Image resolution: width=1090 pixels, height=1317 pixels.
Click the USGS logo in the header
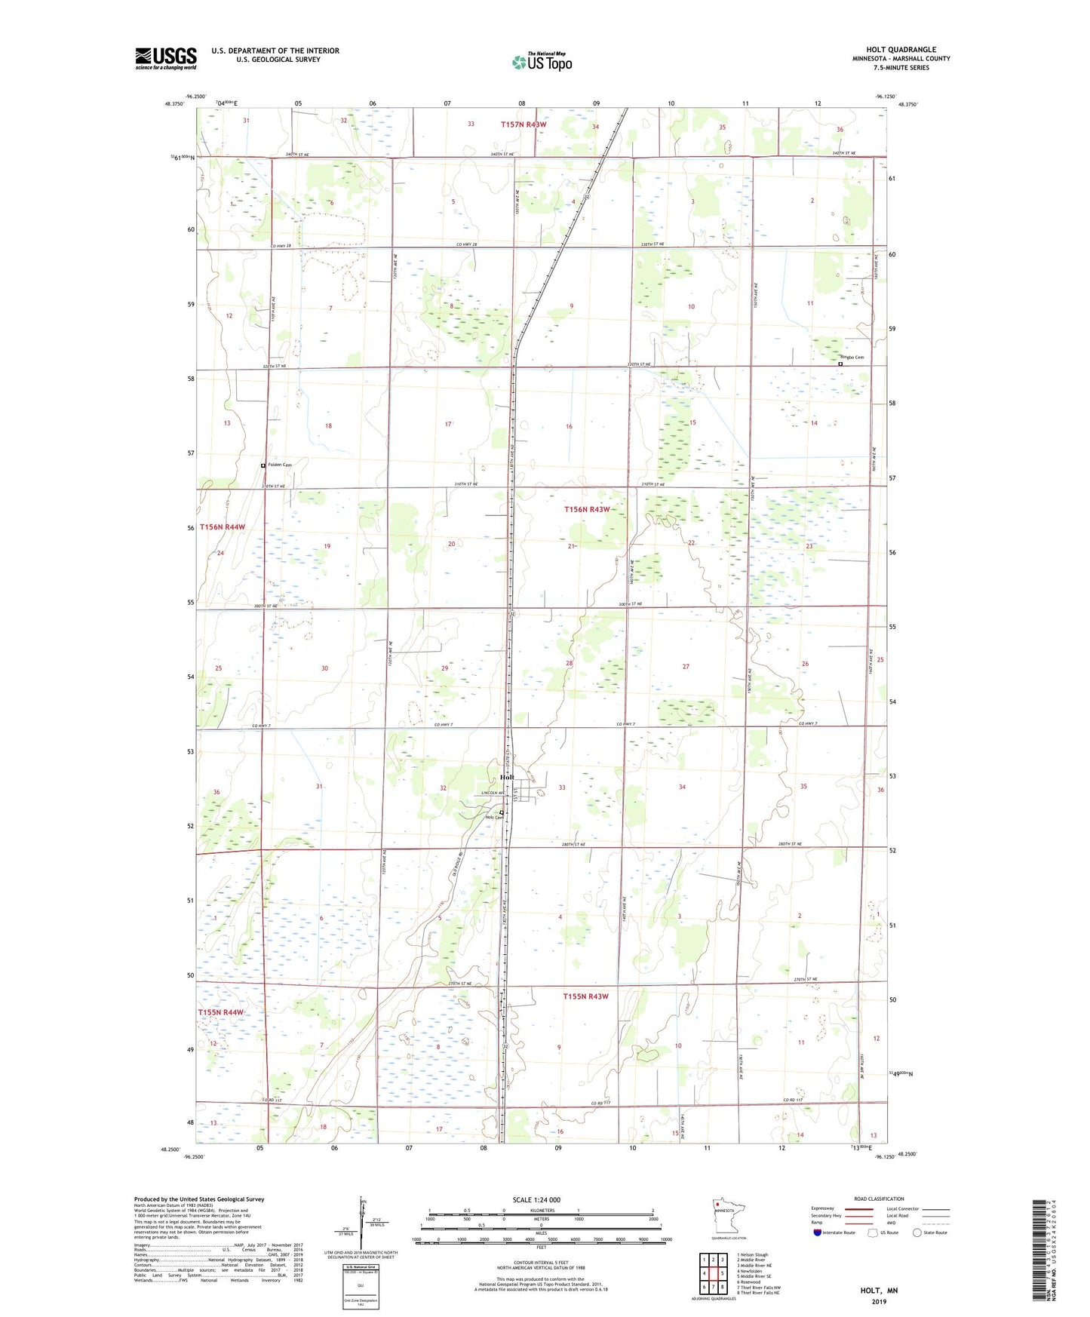[x=166, y=58]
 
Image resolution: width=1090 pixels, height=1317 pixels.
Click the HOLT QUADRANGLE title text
[x=901, y=50]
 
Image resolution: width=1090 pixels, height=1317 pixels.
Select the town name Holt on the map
[x=507, y=777]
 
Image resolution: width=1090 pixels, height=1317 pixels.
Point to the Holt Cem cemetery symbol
[x=502, y=812]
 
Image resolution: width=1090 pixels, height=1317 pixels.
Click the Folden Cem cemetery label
[x=278, y=465]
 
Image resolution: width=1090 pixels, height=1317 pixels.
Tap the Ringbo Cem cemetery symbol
[x=840, y=364]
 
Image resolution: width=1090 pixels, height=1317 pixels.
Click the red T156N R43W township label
[x=587, y=510]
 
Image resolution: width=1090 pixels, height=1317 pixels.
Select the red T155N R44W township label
[x=221, y=1012]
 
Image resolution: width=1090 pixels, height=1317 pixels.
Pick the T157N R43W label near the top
[x=524, y=124]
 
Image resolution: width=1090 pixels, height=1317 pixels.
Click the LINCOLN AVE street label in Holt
[x=493, y=793]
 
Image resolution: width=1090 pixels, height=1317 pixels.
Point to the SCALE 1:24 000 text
[x=536, y=1199]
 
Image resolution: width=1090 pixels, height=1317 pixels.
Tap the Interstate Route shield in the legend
[x=818, y=1233]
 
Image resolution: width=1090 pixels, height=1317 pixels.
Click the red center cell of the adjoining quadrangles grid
[x=713, y=1273]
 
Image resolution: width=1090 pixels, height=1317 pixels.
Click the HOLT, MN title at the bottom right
[x=879, y=1291]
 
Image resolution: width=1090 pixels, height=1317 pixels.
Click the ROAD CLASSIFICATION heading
[x=879, y=1199]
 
